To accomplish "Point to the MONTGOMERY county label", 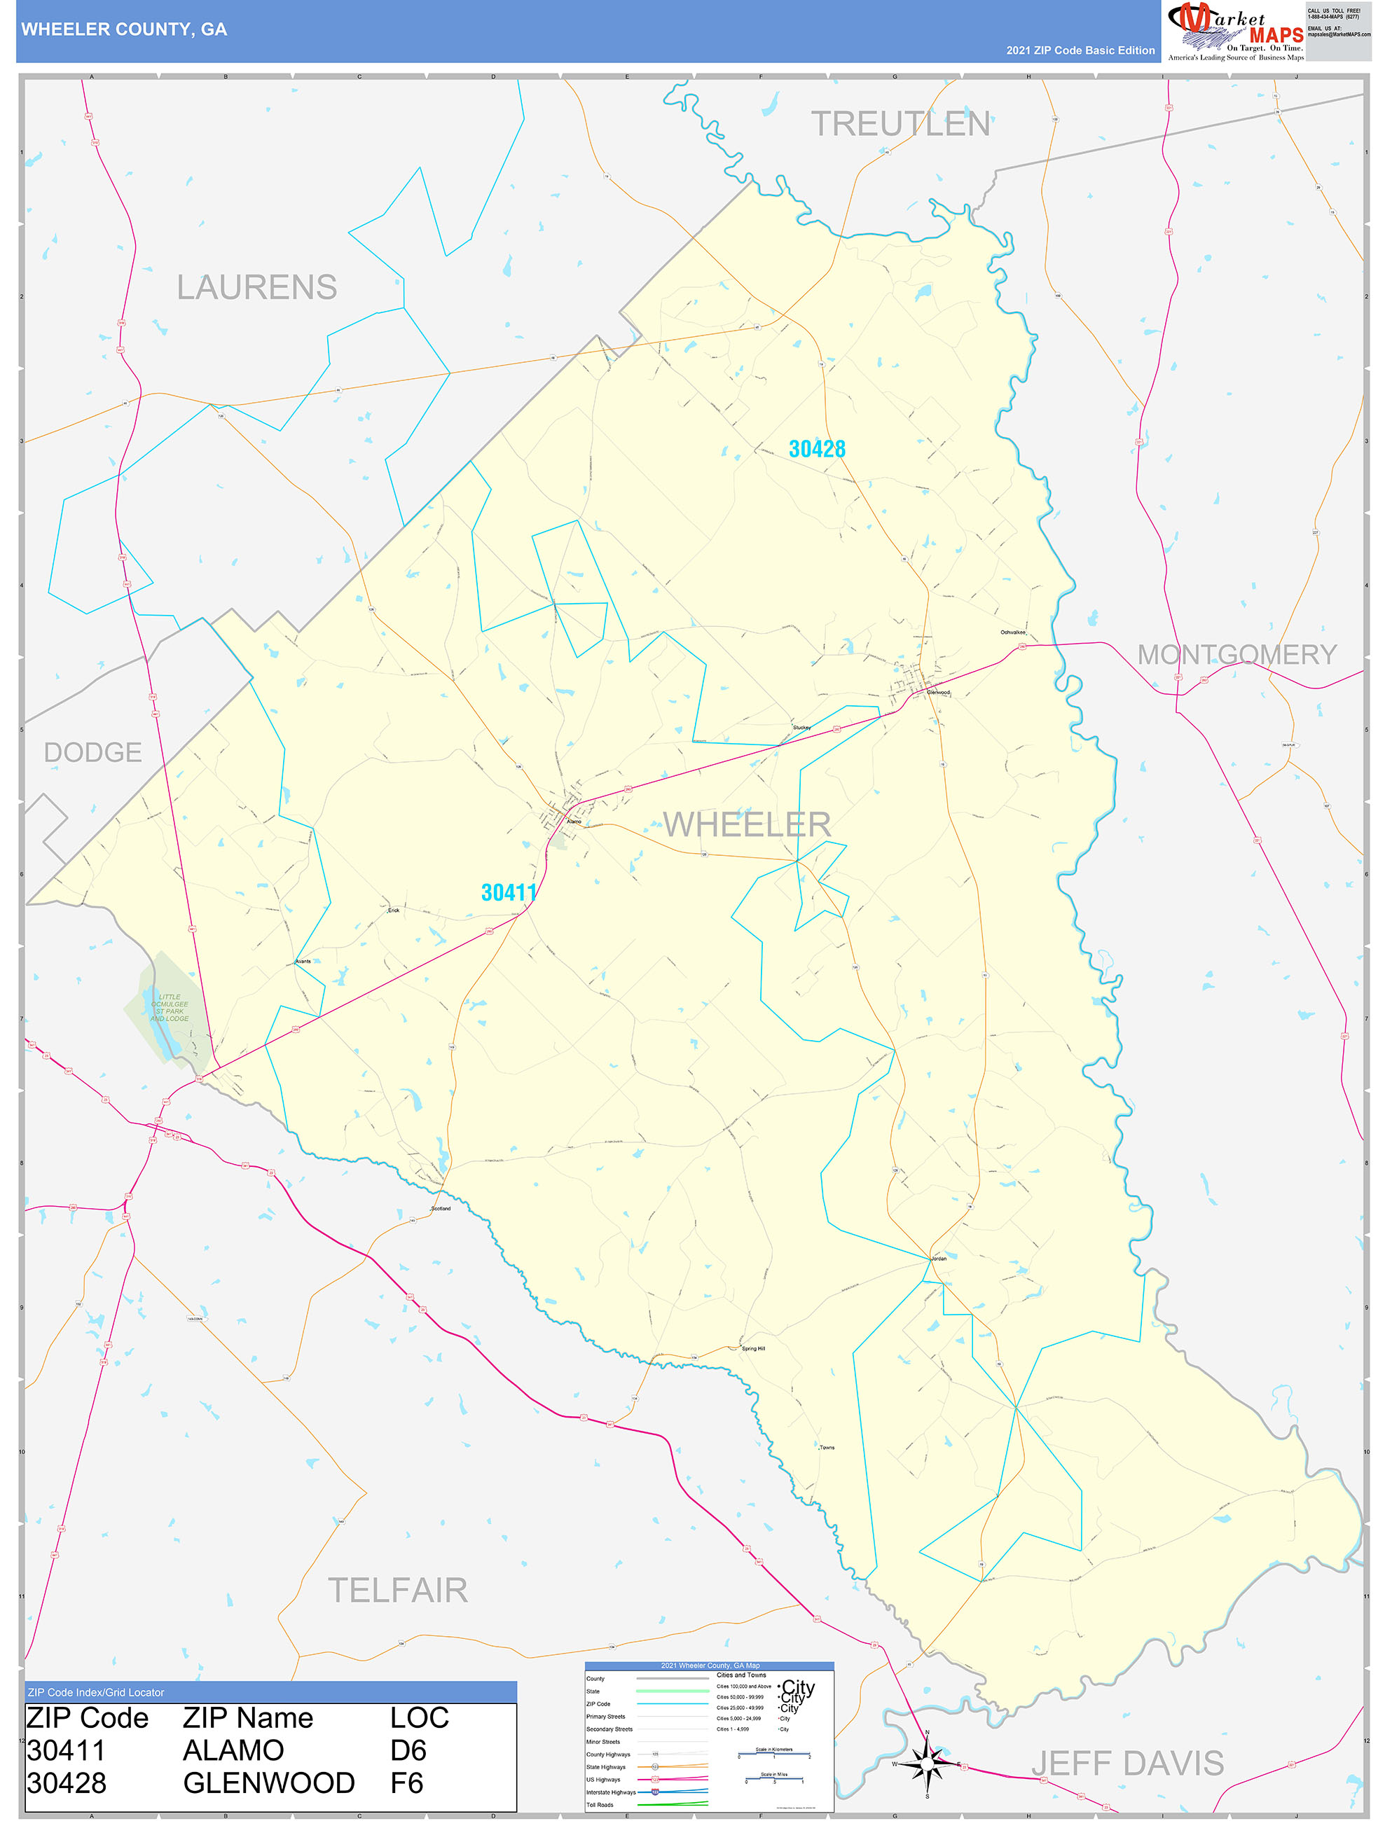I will [x=1236, y=654].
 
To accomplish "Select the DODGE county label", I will [x=92, y=752].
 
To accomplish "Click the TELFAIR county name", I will [x=397, y=1591].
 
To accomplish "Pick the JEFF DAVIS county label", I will [x=1127, y=1764].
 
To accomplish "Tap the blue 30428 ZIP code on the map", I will [x=816, y=449].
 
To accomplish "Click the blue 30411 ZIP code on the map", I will [x=508, y=892].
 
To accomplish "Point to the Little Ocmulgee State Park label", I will [x=169, y=1008].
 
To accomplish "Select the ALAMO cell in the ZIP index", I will [x=233, y=1750].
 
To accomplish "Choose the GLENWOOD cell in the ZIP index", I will [x=269, y=1783].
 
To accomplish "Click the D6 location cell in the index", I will [x=408, y=1750].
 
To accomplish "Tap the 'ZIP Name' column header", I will [x=247, y=1718].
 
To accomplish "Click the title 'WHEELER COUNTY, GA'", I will [x=124, y=29].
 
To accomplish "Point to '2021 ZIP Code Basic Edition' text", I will [x=1080, y=50].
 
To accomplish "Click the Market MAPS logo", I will [x=1235, y=32].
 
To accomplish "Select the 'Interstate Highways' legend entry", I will [x=611, y=1792].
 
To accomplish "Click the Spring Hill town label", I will [x=752, y=1349].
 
